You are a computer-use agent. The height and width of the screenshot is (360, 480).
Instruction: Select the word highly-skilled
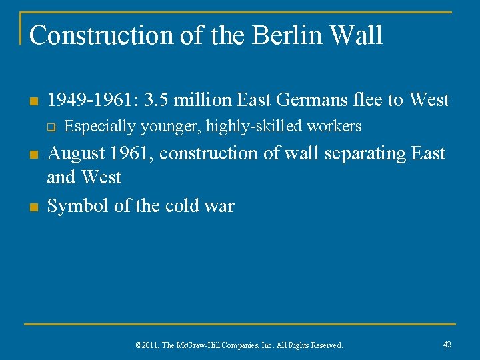click(255, 126)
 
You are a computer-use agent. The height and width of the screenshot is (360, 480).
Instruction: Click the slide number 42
click(447, 344)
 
